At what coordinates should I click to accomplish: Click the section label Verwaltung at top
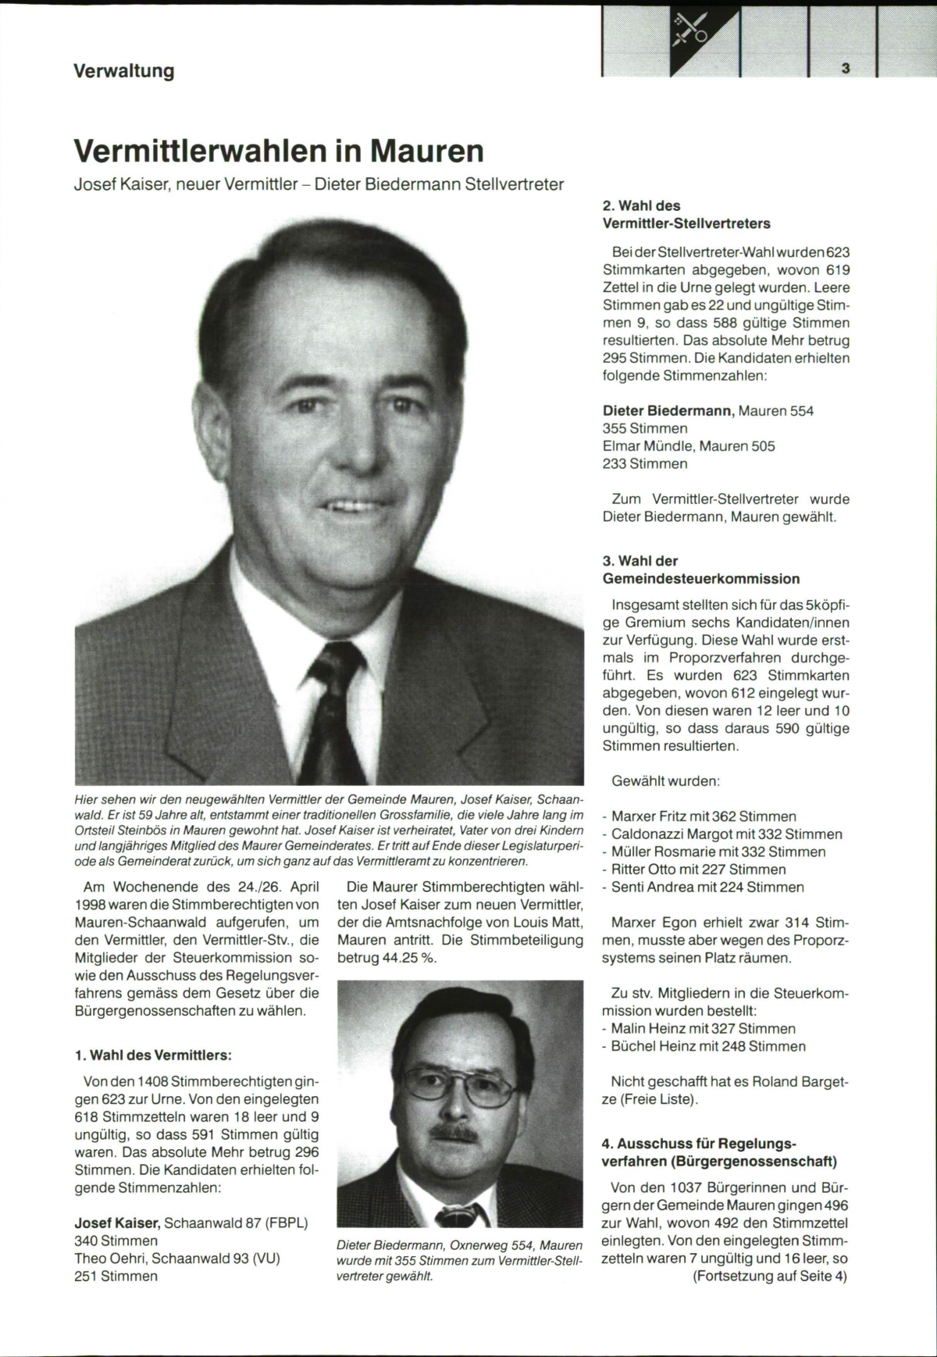point(123,71)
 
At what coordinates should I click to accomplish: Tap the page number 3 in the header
point(846,69)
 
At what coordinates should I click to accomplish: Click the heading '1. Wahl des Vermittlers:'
point(153,1055)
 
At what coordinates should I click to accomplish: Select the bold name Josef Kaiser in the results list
point(117,1223)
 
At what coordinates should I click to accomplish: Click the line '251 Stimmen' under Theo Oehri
point(116,1276)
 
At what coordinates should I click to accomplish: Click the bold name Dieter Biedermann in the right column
point(668,411)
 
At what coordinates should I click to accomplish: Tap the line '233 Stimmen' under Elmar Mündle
point(645,464)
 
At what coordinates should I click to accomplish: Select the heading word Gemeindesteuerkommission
point(701,579)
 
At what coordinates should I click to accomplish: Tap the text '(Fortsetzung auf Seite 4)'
point(769,1277)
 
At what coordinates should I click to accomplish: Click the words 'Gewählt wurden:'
point(665,781)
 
